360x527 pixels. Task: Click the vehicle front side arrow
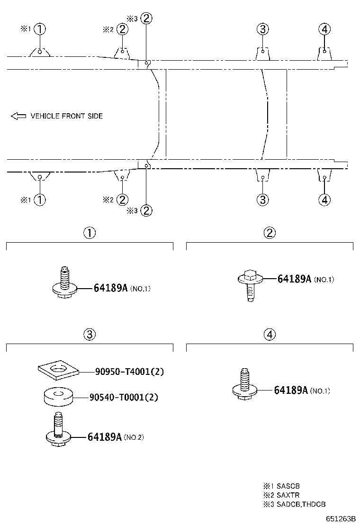pyautogui.click(x=18, y=116)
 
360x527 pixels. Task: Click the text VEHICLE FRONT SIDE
pyautogui.click(x=66, y=116)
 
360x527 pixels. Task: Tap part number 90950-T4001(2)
pyautogui.click(x=129, y=372)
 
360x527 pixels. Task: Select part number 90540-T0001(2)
pyautogui.click(x=124, y=397)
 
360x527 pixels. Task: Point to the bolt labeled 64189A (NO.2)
pyautogui.click(x=58, y=431)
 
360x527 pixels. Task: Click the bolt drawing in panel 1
pyautogui.click(x=65, y=282)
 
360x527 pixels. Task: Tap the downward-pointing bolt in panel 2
pyautogui.click(x=250, y=284)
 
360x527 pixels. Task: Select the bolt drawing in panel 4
pyautogui.click(x=245, y=384)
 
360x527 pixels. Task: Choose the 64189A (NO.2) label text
pyautogui.click(x=116, y=436)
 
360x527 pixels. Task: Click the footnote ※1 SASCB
pyautogui.click(x=281, y=486)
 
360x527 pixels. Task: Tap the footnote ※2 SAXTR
pyautogui.click(x=281, y=495)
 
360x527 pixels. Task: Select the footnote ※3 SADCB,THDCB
pyautogui.click(x=295, y=504)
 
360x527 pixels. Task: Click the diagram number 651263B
pyautogui.click(x=340, y=518)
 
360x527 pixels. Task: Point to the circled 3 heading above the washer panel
pyautogui.click(x=90, y=334)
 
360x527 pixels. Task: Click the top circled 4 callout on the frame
pyautogui.click(x=324, y=29)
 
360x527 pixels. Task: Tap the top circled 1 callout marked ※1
pyautogui.click(x=40, y=29)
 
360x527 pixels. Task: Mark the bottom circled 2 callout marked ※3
pyautogui.click(x=146, y=210)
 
